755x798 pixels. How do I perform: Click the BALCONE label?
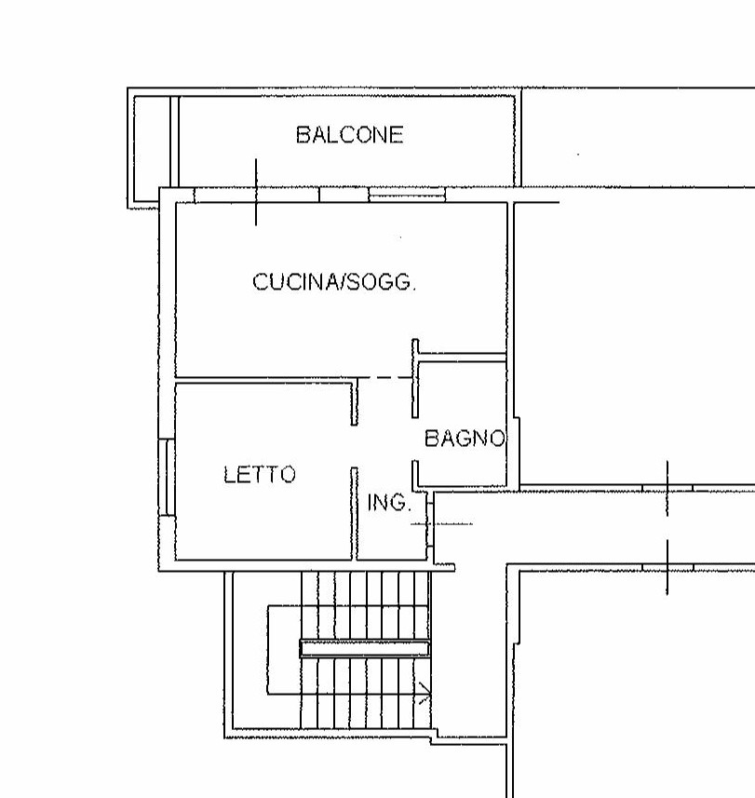tap(349, 135)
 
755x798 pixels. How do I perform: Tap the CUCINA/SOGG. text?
tap(334, 281)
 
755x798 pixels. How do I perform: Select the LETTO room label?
tap(260, 474)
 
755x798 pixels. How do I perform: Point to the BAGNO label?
tap(465, 439)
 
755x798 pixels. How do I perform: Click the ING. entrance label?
tap(389, 503)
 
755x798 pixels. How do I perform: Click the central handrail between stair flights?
tap(364, 648)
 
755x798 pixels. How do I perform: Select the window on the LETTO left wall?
tap(167, 478)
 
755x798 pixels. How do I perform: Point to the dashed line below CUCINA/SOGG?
tap(384, 378)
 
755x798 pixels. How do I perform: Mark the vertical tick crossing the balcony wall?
tap(256, 192)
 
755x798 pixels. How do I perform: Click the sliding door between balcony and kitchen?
tap(382, 195)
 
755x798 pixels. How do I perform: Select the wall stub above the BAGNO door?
tap(415, 378)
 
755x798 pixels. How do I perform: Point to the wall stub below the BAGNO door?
tap(415, 475)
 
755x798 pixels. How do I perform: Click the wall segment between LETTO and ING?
tap(354, 513)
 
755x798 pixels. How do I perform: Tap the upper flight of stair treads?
tap(365, 605)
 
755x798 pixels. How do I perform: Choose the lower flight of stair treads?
tap(365, 693)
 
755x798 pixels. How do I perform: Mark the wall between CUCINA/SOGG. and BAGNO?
tap(462, 358)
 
